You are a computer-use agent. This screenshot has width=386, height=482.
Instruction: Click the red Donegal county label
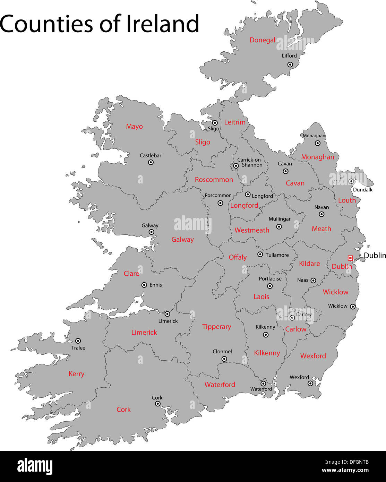(262, 40)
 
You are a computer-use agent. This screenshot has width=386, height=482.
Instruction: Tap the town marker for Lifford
(290, 64)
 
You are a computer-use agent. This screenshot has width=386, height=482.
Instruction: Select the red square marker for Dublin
(350, 258)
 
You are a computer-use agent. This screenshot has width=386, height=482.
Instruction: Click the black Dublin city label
(375, 256)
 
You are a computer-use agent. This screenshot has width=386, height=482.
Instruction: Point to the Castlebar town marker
(151, 162)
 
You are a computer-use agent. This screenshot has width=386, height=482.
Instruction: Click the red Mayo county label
(134, 127)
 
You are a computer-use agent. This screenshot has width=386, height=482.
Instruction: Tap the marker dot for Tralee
(78, 341)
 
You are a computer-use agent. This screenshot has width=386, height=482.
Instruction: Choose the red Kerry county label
(76, 374)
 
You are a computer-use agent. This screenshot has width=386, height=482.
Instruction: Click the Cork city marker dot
(157, 404)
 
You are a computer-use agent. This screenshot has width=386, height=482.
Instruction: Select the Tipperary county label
(216, 327)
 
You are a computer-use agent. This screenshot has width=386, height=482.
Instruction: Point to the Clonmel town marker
(224, 359)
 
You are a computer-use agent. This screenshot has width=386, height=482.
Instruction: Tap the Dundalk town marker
(351, 181)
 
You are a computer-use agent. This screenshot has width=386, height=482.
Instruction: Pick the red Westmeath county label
(252, 230)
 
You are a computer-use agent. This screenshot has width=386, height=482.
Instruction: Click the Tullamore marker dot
(260, 255)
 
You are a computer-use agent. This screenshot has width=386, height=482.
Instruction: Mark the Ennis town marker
(144, 285)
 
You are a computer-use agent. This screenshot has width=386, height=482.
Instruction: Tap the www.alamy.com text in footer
(345, 471)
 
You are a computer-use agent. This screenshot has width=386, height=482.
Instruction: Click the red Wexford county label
(313, 356)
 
